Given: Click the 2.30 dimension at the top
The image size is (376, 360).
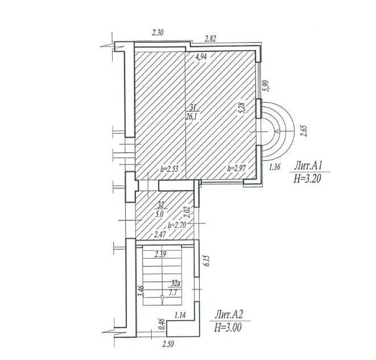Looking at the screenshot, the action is click(x=158, y=32).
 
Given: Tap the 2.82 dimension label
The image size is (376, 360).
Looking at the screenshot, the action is click(x=210, y=39).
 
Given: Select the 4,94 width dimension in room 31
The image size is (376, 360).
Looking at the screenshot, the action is click(x=201, y=57).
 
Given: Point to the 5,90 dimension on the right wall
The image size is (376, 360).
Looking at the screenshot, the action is click(x=266, y=86).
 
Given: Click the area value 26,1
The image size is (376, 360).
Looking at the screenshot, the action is click(x=191, y=116).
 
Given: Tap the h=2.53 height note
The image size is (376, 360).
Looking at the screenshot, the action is click(x=170, y=169).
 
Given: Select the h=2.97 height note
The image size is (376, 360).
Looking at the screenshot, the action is click(x=237, y=168).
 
